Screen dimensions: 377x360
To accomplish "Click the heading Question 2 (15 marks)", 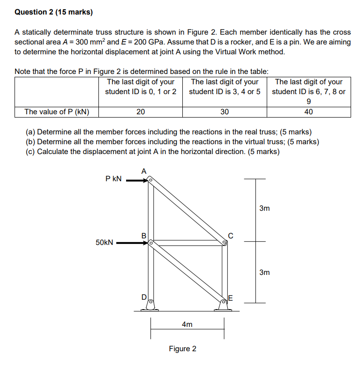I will coord(54,13).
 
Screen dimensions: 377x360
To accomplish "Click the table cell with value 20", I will coord(141,112).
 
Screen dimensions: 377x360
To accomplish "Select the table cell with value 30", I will coord(225,112).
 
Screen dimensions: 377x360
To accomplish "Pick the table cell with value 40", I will coord(308,112).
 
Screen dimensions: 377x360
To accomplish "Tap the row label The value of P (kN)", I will coord(57,112).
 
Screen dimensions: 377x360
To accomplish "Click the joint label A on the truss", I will coord(144,171).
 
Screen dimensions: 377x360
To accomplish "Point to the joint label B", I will coord(144,235).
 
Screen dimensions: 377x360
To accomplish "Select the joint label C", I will coord(231,235).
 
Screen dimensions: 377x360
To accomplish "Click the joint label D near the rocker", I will coord(144,296).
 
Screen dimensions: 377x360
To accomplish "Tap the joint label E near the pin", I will coord(230,298).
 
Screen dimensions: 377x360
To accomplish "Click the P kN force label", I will coord(114,178).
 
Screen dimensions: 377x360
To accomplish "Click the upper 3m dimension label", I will coord(264,208).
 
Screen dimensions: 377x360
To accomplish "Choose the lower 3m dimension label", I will coord(264,272).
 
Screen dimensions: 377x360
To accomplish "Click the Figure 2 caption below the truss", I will coord(183,349).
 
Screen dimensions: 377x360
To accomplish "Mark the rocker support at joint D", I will coord(150,306).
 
